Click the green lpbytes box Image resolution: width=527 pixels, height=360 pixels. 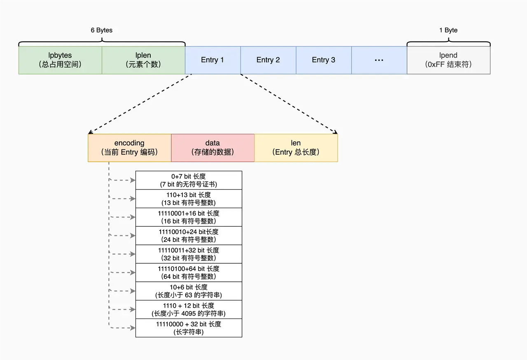[60, 60]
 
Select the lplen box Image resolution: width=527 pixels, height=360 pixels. [143, 60]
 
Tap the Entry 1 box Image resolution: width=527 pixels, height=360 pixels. [212, 60]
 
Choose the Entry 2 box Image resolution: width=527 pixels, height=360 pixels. [268, 60]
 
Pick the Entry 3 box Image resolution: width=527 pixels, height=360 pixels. [324, 60]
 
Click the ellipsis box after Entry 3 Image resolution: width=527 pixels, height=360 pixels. [379, 60]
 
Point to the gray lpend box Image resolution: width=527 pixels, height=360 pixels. [448, 60]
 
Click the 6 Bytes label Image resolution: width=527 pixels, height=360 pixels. [101, 30]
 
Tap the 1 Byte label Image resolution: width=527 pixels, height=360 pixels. [448, 30]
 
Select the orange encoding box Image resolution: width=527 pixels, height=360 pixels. [129, 148]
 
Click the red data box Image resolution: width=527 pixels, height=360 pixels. [212, 148]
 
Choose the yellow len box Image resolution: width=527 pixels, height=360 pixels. [296, 148]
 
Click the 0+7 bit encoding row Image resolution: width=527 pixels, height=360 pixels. [189, 180]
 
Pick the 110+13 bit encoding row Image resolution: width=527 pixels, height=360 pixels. [189, 199]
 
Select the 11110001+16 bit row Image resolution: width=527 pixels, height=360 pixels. [189, 217]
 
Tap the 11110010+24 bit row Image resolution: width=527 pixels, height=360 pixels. [189, 236]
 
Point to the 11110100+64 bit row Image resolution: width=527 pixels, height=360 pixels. [189, 272]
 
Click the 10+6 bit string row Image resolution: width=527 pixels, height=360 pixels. [189, 291]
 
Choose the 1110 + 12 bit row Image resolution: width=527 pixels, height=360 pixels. [189, 309]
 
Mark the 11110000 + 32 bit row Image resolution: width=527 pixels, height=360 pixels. [189, 328]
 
